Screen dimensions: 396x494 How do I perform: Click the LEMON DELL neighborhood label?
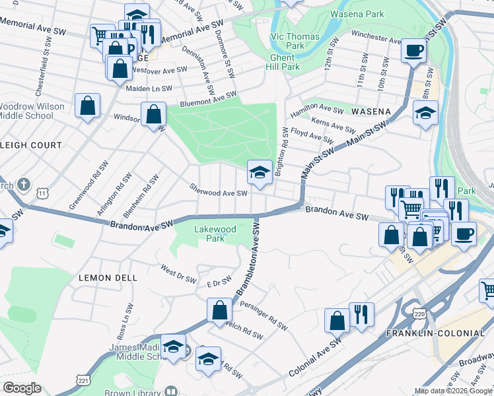pos(108,278)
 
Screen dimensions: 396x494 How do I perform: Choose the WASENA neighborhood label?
pos(370,111)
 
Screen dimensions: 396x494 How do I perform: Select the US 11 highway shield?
pos(43,193)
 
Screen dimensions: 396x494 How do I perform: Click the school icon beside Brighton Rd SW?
pos(260,173)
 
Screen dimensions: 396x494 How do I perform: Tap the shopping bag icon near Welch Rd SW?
pos(219,310)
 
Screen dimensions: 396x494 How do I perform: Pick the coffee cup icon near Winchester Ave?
pos(413,49)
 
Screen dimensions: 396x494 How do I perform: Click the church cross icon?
pos(23,184)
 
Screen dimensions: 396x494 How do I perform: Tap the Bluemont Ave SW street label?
pos(208,100)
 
